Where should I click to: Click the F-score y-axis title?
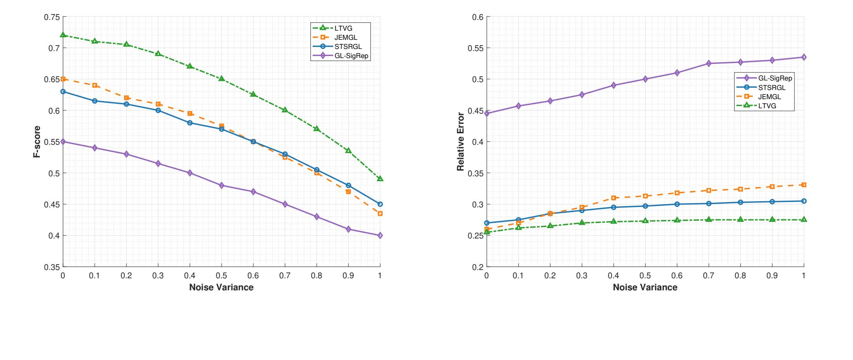(37, 141)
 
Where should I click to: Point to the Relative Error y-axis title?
(461, 141)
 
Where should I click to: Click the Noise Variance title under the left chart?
(221, 287)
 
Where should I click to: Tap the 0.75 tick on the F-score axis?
(52, 17)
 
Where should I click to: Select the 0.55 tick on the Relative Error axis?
(475, 48)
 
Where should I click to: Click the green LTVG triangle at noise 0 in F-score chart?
(63, 35)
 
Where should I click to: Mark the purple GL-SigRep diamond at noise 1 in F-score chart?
(380, 236)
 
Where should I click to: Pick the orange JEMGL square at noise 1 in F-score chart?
(380, 214)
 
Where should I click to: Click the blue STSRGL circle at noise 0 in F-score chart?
(63, 92)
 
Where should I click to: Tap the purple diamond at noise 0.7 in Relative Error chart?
(709, 63)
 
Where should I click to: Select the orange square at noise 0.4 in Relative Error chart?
(614, 198)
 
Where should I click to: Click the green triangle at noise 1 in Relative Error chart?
(804, 219)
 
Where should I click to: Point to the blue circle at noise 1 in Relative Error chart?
(804, 201)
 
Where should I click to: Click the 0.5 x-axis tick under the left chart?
(221, 276)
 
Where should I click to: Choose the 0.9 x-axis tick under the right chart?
(772, 276)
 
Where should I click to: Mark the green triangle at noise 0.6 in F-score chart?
(253, 94)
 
